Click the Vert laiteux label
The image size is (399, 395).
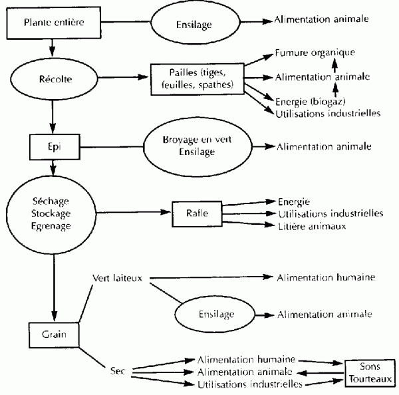[x=117, y=278]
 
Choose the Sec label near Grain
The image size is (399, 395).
[x=118, y=371]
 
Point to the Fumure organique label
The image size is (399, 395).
[x=315, y=53]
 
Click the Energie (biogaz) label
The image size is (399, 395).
[x=310, y=102]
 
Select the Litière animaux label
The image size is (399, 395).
[x=312, y=226]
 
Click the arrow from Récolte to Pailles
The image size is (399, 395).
[x=123, y=77]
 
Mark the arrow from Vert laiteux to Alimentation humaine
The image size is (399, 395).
[x=211, y=277]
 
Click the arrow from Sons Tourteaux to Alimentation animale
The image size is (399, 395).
[x=321, y=373]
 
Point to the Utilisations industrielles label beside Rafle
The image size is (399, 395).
[x=331, y=213]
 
